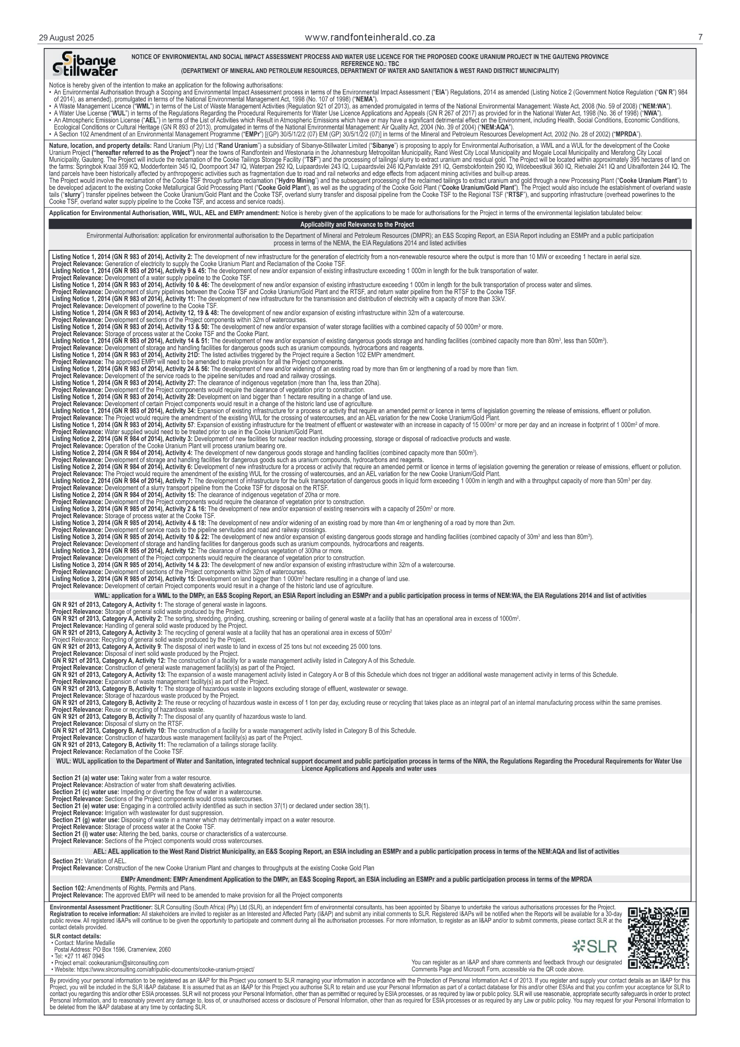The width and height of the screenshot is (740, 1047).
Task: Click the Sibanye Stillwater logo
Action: click(x=85, y=64)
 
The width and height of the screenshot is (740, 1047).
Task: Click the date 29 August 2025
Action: click(x=66, y=38)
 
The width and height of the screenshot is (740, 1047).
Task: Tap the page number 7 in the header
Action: click(x=700, y=38)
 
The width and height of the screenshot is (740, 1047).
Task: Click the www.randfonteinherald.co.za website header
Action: click(x=370, y=38)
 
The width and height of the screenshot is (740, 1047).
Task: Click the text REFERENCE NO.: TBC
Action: click(x=370, y=64)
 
